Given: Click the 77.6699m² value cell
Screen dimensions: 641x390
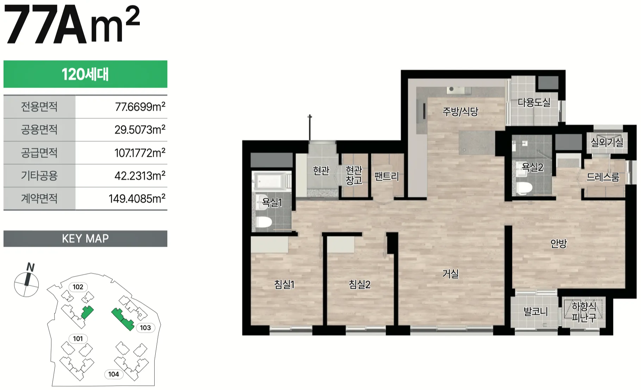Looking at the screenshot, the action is [x=121, y=107].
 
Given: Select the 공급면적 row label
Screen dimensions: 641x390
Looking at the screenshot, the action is [x=39, y=153].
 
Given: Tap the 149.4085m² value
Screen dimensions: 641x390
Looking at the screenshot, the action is [x=137, y=199].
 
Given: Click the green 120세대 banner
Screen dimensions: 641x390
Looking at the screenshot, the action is [x=85, y=74].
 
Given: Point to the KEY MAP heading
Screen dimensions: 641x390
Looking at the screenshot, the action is [x=85, y=239].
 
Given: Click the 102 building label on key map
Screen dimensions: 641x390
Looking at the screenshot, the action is [x=78, y=287].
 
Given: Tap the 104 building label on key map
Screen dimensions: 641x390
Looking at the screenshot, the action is [x=113, y=374].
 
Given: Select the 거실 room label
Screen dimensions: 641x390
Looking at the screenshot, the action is [x=450, y=273].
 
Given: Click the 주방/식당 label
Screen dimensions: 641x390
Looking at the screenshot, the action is [x=460, y=112].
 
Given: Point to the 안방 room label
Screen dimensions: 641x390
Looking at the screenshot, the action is [x=559, y=243].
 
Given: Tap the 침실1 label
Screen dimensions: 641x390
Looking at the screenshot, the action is [x=284, y=284].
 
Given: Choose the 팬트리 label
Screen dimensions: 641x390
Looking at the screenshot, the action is [x=386, y=176].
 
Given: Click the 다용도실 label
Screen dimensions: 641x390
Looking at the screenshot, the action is [x=534, y=102].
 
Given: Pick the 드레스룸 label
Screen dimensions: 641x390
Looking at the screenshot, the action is [x=603, y=177].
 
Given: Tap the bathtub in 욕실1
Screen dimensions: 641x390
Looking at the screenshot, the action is [x=272, y=180].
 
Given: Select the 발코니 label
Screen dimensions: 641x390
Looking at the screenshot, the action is [x=535, y=312].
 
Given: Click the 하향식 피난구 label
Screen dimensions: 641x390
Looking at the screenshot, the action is [x=584, y=312].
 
